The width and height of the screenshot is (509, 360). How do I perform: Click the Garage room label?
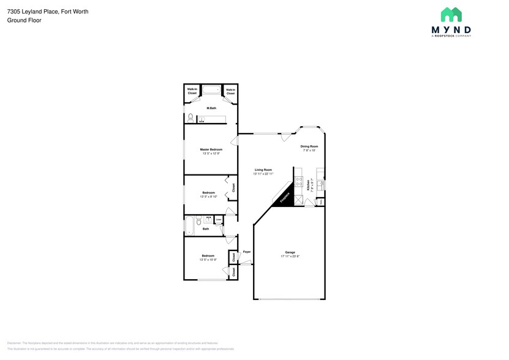pos(290,252)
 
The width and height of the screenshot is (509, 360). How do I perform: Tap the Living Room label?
pos(263,170)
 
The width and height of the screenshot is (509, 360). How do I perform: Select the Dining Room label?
pos(309,146)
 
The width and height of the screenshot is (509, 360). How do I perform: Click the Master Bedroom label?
pos(211,149)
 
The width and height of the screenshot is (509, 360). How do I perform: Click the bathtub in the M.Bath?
pos(211,91)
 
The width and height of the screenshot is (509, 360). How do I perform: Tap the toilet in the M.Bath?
pos(190,118)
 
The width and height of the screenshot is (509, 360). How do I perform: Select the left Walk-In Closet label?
pos(192,91)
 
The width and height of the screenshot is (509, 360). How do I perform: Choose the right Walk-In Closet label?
pos(230,91)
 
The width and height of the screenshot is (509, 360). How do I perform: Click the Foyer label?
pos(247,252)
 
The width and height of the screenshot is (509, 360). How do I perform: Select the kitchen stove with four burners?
pos(299,181)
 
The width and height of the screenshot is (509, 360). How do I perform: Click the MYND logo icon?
pos(451,15)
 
